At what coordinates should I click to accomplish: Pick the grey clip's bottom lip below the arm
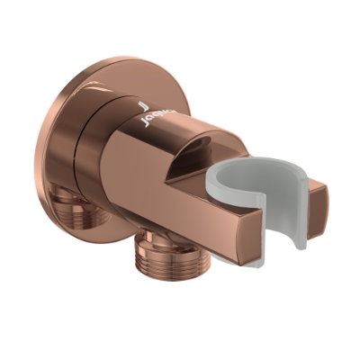(274, 254)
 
